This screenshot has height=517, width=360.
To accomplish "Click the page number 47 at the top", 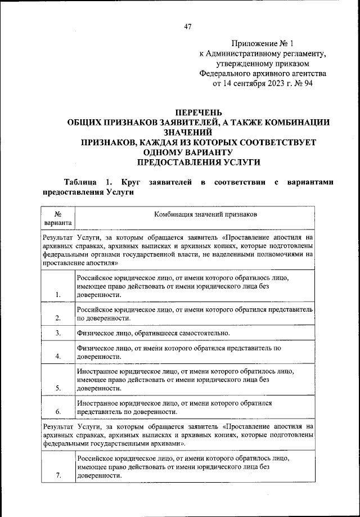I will point(188,26).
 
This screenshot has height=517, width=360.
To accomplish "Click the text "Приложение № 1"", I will point(263,43).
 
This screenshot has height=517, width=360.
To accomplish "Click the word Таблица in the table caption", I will point(82,183).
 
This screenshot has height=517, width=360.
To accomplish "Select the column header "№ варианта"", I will point(58,218).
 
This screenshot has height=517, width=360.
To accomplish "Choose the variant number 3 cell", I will point(58,333).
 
